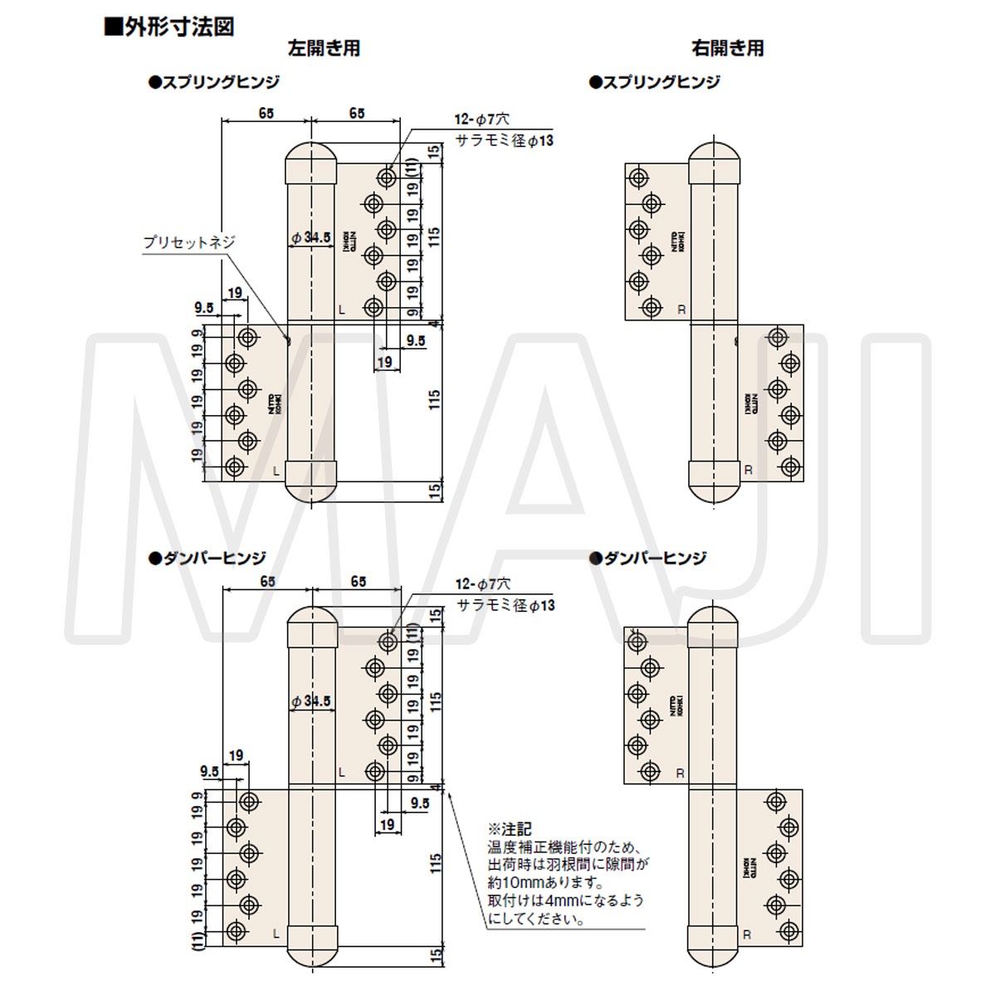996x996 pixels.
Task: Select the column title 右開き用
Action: (727, 48)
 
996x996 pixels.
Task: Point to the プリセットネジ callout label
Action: (189, 243)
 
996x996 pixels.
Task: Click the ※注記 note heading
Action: (509, 828)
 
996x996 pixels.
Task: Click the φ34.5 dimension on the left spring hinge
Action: (311, 237)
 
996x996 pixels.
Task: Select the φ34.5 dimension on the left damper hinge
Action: (311, 701)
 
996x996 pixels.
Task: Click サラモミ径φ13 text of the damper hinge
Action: (506, 606)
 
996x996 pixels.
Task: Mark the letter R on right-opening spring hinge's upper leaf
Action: (681, 309)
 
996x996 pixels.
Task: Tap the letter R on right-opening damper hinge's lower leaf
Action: (747, 935)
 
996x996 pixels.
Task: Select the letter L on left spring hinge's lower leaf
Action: (276, 470)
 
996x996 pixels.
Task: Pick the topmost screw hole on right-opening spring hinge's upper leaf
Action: (638, 178)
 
